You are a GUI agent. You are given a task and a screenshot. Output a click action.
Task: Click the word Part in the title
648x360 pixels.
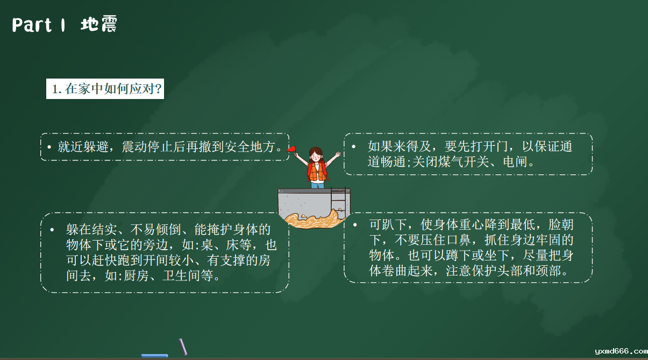(32, 25)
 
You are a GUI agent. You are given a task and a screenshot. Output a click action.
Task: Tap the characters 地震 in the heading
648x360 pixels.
(99, 24)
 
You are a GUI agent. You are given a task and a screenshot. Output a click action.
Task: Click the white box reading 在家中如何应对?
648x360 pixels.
(105, 89)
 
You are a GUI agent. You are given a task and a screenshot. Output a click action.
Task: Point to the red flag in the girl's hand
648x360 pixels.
(291, 149)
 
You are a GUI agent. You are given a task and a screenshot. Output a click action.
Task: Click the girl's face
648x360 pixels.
(316, 157)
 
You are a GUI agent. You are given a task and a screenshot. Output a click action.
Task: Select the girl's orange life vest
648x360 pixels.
(317, 172)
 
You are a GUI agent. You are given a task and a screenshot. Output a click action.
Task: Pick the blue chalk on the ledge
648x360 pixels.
(154, 355)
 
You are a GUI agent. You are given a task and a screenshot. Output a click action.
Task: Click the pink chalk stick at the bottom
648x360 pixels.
(183, 347)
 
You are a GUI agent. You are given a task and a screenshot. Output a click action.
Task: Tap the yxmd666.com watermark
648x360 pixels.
(621, 351)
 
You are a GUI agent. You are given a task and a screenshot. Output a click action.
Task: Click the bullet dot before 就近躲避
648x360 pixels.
(49, 147)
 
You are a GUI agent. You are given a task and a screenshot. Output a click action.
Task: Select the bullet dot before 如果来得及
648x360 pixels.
(353, 146)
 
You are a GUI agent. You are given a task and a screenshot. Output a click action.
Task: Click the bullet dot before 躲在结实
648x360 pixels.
(52, 230)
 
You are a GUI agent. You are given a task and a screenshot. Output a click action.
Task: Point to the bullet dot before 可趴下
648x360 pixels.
(355, 224)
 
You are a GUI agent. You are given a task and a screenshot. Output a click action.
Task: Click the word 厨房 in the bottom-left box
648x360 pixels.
(136, 276)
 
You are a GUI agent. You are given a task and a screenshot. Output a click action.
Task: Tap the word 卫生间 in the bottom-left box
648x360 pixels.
(181, 276)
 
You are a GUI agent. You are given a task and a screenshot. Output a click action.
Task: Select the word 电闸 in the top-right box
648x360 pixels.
(515, 162)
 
